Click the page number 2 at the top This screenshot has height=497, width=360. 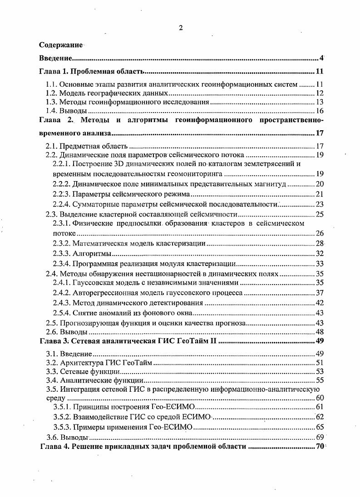click(x=180, y=28)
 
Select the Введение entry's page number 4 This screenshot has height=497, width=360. click(x=321, y=58)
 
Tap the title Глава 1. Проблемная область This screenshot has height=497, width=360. click(x=92, y=72)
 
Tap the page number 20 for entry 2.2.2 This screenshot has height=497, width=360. click(x=319, y=183)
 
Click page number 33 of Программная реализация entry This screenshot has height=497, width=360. click(x=319, y=264)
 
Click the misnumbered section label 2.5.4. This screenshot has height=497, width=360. click(x=62, y=313)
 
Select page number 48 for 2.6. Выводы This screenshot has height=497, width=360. click(x=319, y=332)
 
